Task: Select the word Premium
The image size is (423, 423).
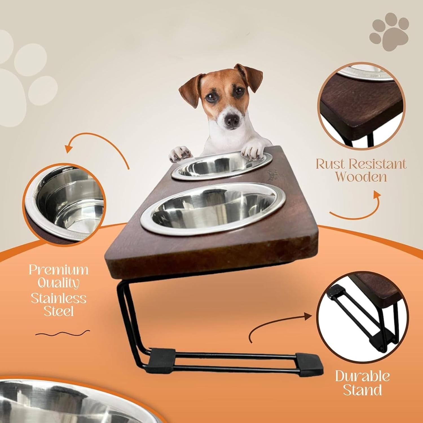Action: pos(58,270)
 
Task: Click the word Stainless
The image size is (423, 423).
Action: pos(58,298)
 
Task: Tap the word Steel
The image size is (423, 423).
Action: pos(58,311)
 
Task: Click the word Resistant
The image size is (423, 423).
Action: pos(379,164)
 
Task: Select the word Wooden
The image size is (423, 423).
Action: pos(361,177)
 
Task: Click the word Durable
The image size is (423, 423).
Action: pos(362,376)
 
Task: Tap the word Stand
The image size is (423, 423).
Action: pos(362,390)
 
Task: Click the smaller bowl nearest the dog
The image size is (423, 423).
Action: pos(222,166)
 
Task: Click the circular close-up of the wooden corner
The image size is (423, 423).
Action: pos(360,107)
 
